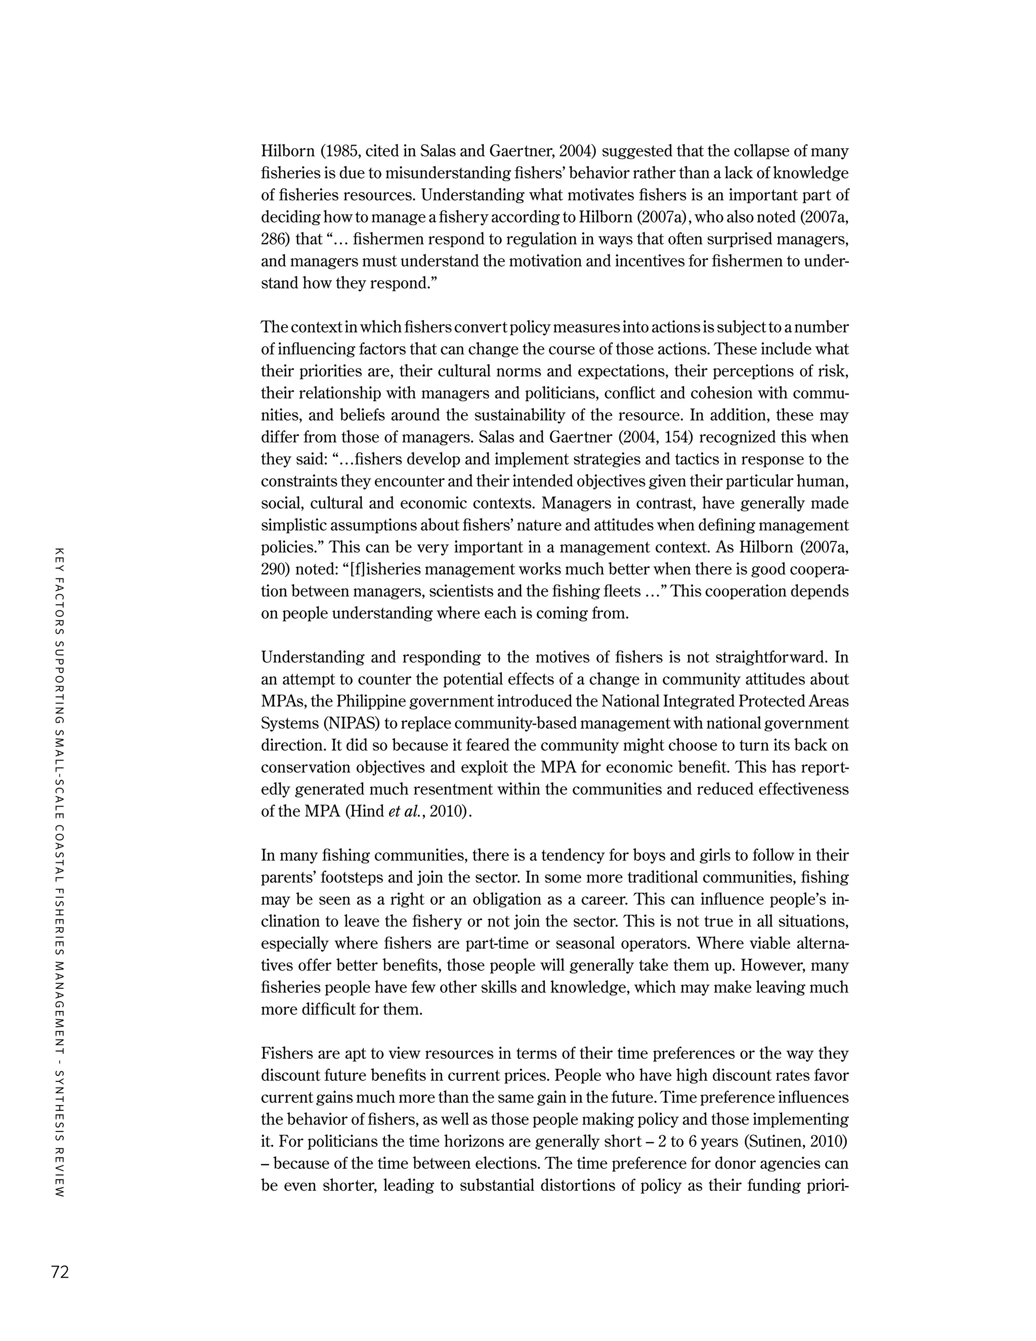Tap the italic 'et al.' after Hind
pyautogui.click(x=403, y=812)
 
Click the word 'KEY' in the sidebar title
pyautogui.click(x=60, y=556)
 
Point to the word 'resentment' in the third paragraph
pyautogui.click(x=436, y=789)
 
